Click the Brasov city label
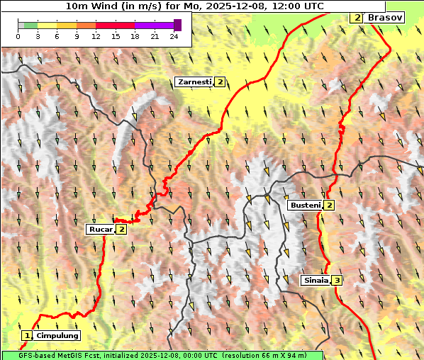click(384, 17)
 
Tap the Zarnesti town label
click(194, 82)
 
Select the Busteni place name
click(305, 206)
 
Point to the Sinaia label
click(316, 280)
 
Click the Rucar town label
click(100, 229)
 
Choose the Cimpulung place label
click(57, 335)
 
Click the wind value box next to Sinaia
click(337, 280)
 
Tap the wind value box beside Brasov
click(357, 17)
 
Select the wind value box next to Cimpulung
click(27, 335)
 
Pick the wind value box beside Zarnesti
click(221, 82)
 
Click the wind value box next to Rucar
click(121, 229)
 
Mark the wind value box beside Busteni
click(329, 206)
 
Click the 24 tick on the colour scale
click(174, 36)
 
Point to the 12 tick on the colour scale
click(95, 36)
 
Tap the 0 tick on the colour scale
click(18, 36)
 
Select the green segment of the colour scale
click(30, 25)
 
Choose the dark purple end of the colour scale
click(177, 25)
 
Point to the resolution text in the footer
click(272, 355)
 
